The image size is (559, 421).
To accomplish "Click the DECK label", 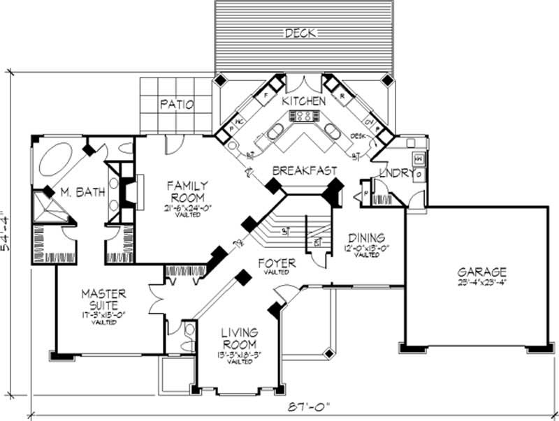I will (300, 33).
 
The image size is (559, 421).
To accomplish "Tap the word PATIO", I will (177, 104).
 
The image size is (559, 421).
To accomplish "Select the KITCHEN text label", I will (303, 101).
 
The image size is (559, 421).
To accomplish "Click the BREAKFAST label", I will (305, 170).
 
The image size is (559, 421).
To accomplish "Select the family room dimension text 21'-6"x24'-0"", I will (187, 208).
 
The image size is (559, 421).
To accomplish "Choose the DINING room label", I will (368, 237).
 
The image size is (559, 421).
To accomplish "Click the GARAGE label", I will (482, 272).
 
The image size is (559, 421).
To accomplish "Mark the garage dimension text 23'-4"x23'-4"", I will (482, 283).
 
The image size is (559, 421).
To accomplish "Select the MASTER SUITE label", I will (102, 299).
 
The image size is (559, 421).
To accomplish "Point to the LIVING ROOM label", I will (240, 338).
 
